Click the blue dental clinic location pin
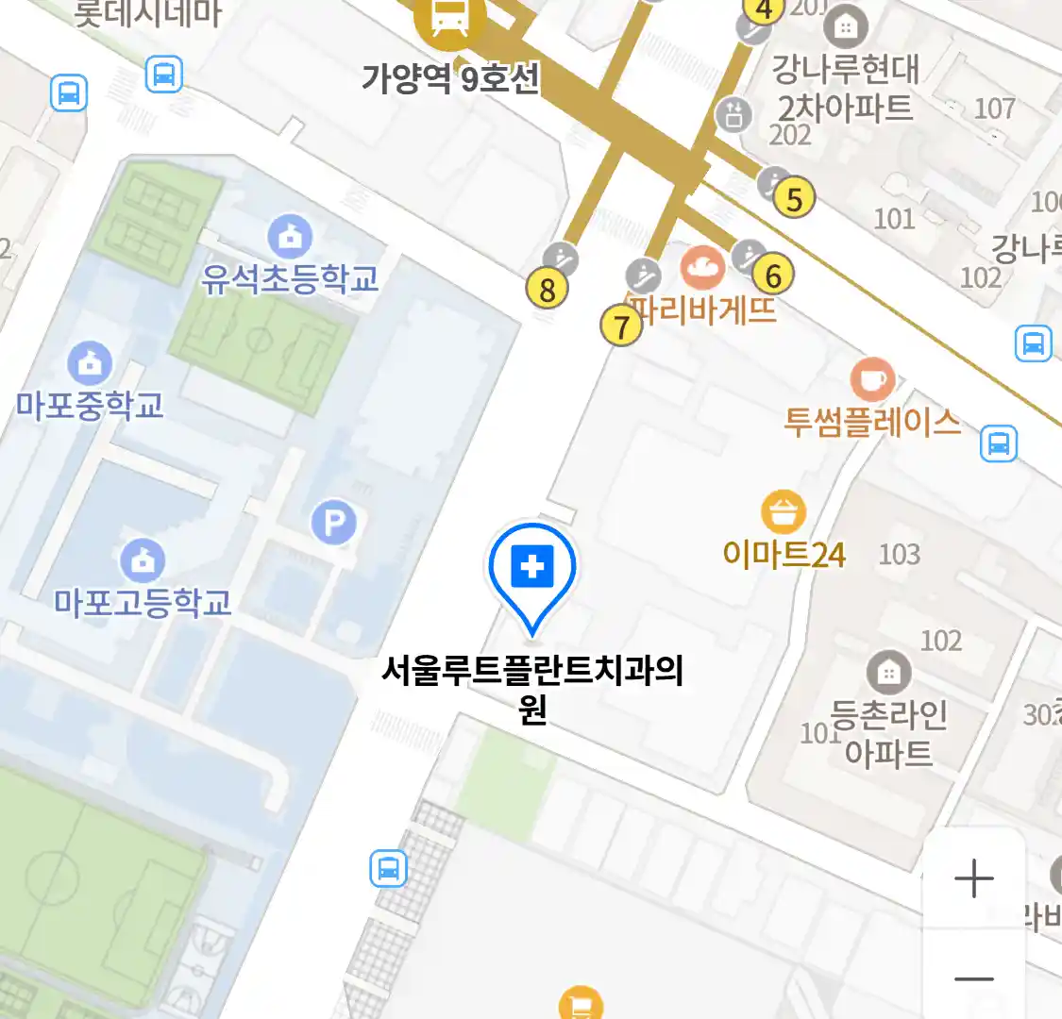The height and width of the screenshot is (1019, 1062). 532,570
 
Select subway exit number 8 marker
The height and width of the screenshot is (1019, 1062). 548,290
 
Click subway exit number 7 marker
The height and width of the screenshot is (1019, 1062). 620,327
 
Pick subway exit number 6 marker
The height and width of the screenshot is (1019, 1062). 773,276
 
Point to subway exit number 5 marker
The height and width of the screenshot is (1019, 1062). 794,199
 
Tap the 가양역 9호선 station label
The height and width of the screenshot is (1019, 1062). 450,77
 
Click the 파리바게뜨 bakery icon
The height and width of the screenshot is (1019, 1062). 702,268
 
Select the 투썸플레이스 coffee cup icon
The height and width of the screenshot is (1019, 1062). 872,379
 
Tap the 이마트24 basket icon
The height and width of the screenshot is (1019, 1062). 784,512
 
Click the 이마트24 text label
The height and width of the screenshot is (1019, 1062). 784,554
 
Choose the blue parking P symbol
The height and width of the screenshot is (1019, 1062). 333,522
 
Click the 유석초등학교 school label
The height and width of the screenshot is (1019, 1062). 290,278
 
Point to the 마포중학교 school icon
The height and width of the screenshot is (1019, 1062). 90,363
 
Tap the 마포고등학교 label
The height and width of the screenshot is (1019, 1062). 143,602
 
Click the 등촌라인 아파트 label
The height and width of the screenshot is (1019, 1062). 888,733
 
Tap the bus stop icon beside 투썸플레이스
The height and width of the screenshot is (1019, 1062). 998,443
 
